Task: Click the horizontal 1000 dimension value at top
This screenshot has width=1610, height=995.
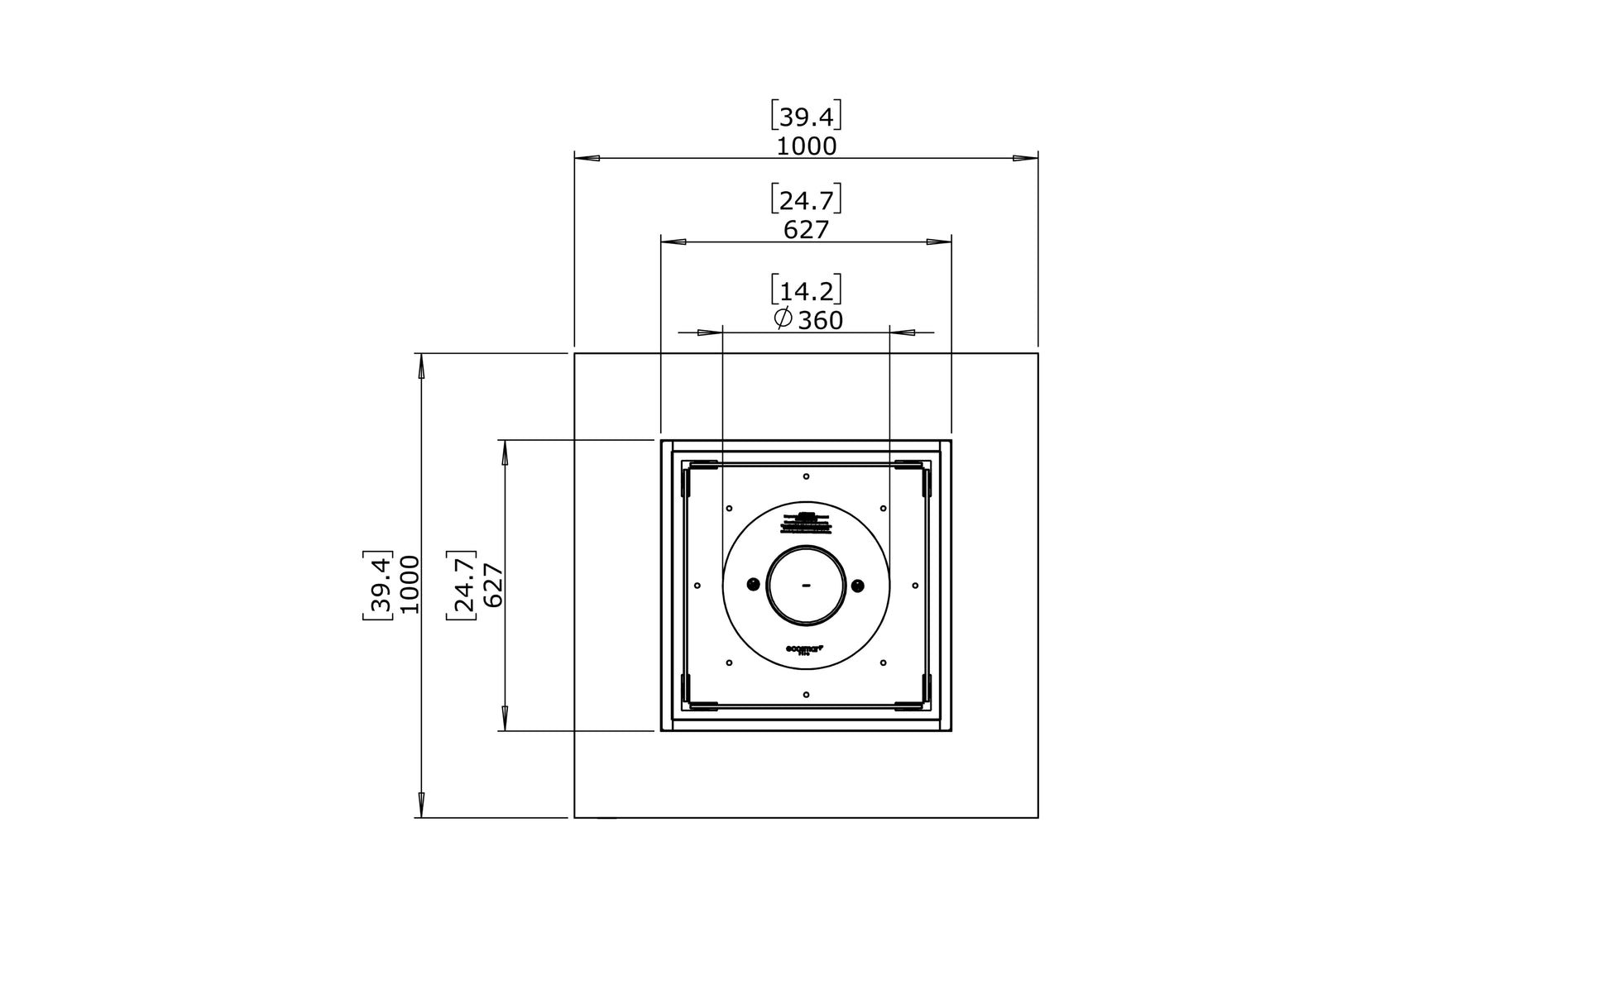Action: [806, 146]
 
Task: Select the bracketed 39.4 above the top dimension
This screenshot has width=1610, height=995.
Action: [806, 117]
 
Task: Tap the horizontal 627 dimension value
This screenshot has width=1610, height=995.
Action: [806, 230]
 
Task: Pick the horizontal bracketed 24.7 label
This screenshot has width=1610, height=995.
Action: [806, 200]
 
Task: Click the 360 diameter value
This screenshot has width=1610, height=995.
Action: [821, 320]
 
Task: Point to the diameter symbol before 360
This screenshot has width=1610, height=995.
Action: [783, 318]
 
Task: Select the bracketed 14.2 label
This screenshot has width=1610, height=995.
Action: [806, 290]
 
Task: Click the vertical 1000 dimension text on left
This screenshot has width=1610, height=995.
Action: [410, 584]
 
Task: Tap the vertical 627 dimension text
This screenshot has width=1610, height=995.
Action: [493, 585]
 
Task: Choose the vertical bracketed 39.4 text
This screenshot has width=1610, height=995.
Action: [378, 584]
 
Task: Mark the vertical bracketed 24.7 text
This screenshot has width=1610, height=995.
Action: [462, 585]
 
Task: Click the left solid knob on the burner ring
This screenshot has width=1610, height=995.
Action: [753, 585]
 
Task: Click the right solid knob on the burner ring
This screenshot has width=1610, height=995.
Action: [858, 586]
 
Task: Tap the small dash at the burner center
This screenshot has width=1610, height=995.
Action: [806, 586]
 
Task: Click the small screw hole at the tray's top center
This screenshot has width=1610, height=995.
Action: [806, 476]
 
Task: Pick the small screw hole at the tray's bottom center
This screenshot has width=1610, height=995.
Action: [806, 695]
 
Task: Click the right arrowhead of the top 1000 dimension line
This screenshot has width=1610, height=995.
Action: [1026, 158]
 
